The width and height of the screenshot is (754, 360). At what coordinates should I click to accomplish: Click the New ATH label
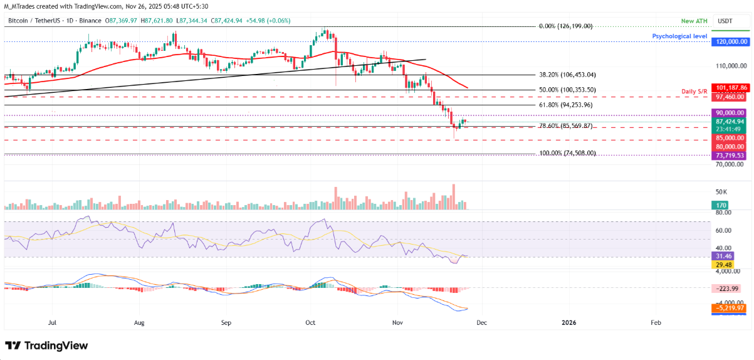694,22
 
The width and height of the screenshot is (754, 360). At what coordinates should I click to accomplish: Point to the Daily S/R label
694,92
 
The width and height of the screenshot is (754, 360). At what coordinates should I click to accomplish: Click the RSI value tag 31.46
721,256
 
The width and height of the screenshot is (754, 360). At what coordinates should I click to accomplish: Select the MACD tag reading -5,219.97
730,309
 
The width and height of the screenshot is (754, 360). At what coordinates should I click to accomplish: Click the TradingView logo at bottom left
46,346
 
